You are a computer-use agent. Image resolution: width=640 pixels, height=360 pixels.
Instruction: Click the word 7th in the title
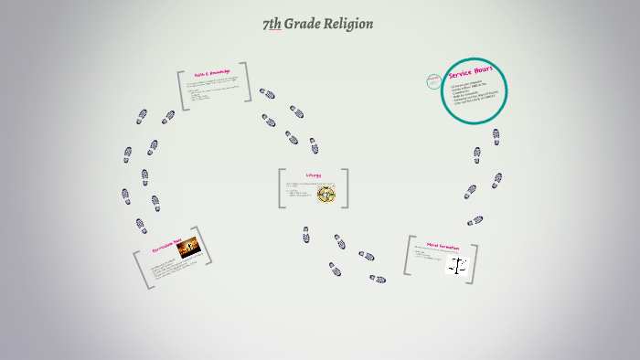coord(272,24)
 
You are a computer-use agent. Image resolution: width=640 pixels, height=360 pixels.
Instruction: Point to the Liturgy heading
coord(313,176)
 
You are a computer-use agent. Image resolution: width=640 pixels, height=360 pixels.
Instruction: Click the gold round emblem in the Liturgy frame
coord(326,193)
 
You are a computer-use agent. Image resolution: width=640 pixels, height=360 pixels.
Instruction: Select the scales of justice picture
coord(456,266)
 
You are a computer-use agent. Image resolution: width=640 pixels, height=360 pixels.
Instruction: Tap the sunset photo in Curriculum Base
coord(188,247)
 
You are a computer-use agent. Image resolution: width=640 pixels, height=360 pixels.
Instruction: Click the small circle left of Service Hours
coord(433,81)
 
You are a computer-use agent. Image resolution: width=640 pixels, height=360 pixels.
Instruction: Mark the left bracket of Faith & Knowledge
coord(182,91)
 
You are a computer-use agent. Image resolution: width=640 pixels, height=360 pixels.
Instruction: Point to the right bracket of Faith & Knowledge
coord(246,85)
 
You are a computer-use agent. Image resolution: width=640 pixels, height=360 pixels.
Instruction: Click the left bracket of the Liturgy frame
coord(282,188)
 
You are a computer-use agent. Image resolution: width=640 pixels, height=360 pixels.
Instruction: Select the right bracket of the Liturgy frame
coord(345,188)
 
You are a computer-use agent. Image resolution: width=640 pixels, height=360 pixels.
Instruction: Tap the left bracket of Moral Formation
coord(408,256)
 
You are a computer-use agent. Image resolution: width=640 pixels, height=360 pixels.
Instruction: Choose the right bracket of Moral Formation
coord(474,263)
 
